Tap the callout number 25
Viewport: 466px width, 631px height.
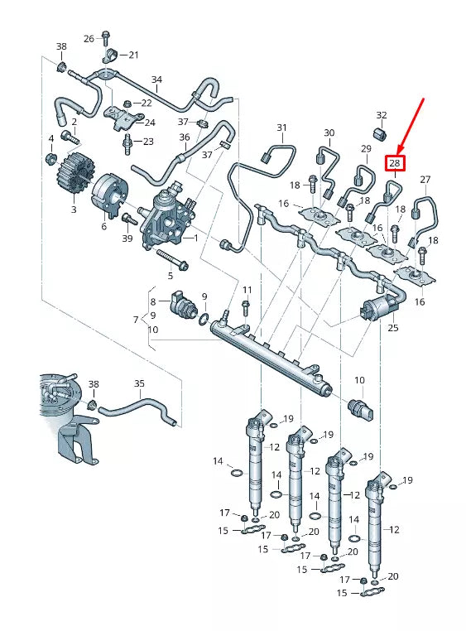(x=392, y=329)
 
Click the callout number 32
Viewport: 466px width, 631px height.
(x=382, y=115)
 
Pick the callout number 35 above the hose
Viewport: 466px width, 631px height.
(x=139, y=383)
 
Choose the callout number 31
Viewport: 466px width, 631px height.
(x=281, y=128)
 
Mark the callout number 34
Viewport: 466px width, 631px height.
(x=156, y=80)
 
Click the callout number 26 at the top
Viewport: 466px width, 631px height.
(x=89, y=38)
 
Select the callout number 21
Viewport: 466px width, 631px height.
(x=134, y=55)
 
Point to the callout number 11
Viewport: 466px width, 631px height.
(x=247, y=289)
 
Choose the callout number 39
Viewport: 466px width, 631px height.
(x=127, y=238)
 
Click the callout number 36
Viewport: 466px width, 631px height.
(x=184, y=137)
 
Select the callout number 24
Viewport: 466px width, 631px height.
(x=150, y=122)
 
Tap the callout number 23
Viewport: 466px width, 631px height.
(x=148, y=142)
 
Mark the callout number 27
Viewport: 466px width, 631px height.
(x=425, y=180)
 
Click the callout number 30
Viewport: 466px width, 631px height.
(x=329, y=132)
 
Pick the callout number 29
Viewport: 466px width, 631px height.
(x=365, y=148)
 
